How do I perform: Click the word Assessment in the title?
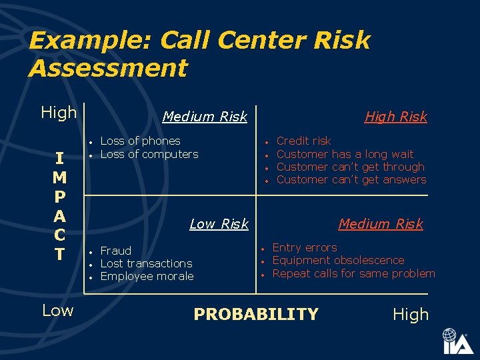click(108, 68)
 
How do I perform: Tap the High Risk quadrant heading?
click(395, 117)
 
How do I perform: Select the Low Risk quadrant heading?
click(219, 224)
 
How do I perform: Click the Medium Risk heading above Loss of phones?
click(205, 117)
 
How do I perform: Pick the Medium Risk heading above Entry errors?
click(381, 224)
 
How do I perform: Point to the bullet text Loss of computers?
click(149, 154)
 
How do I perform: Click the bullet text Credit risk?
click(303, 141)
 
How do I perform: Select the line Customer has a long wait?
click(345, 154)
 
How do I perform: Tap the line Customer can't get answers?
click(351, 179)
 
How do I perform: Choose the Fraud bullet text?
click(115, 251)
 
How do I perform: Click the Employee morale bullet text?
click(147, 276)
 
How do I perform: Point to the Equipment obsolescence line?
click(338, 260)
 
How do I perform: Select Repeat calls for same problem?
click(353, 273)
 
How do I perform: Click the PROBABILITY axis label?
click(256, 314)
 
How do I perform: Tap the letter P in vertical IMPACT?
click(59, 197)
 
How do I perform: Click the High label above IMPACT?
click(59, 113)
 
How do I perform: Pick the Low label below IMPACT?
click(57, 310)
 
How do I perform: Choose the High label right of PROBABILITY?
click(411, 315)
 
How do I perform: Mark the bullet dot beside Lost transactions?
click(90, 264)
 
